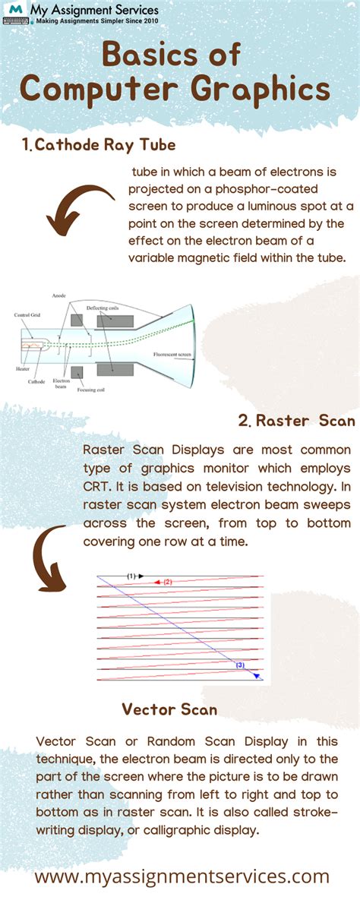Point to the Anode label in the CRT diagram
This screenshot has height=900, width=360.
[x=58, y=295]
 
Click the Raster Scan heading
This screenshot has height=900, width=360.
[x=295, y=420]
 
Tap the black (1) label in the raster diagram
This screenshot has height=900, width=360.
[x=131, y=576]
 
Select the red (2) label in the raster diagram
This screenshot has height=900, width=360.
[x=168, y=582]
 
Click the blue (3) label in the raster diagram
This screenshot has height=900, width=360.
[x=239, y=665]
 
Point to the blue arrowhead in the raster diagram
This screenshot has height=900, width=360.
[x=257, y=675]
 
